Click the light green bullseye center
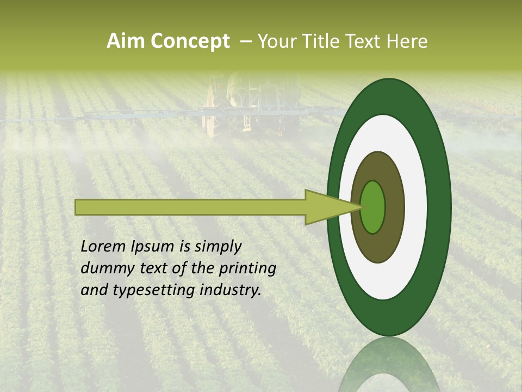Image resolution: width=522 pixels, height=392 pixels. click(372, 207)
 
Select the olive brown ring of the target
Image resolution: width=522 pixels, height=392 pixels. click(394, 207)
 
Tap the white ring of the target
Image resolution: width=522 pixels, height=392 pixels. click(417, 207)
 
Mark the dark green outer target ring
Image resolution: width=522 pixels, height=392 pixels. click(440, 207)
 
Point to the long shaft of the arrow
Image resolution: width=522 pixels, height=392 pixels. click(190, 207)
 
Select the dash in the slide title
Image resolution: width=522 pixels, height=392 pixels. click(246, 42)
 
